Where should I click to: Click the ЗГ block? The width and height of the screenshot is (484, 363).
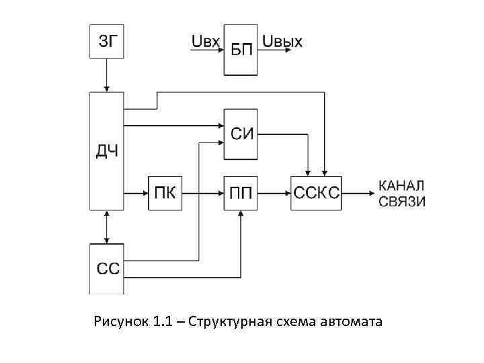[106, 42]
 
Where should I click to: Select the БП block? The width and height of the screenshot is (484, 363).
[240, 50]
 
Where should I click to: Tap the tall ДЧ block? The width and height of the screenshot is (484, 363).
[106, 151]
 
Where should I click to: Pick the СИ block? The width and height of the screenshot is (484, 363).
[240, 133]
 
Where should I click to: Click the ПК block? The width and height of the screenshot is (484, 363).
[165, 193]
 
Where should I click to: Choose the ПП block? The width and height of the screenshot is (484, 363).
[240, 193]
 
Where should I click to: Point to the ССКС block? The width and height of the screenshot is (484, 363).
[316, 193]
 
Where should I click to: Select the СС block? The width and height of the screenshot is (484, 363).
[107, 269]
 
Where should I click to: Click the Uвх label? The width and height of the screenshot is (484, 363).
[205, 42]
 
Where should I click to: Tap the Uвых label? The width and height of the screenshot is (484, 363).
[282, 42]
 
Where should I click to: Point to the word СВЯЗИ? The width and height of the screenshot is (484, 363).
[402, 201]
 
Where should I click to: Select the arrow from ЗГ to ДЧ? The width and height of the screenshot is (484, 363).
[106, 75]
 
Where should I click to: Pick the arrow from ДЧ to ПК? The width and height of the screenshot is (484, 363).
[136, 193]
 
